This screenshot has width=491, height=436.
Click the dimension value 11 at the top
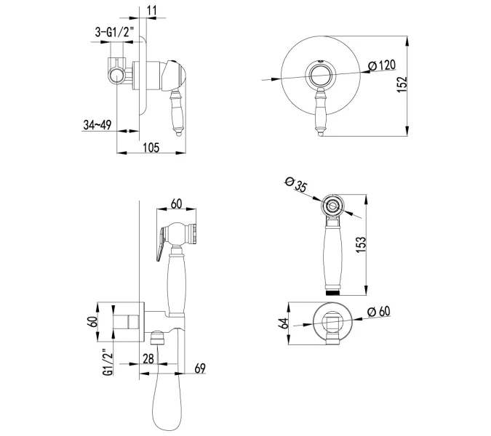[151, 10]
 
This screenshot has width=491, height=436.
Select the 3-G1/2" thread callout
[115, 32]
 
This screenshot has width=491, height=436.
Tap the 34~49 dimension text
[97, 125]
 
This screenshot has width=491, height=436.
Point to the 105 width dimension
[151, 148]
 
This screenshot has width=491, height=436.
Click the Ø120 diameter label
[382, 65]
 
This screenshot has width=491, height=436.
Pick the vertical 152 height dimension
[402, 84]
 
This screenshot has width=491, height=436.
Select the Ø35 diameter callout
[296, 184]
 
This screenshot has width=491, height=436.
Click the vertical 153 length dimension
[361, 245]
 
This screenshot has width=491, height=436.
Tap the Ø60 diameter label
[379, 312]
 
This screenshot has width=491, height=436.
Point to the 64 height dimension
[284, 323]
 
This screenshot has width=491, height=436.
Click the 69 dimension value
[200, 368]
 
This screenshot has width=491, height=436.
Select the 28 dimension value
[148, 359]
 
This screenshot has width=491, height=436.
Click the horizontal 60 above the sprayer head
[176, 203]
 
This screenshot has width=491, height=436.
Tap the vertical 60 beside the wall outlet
[92, 322]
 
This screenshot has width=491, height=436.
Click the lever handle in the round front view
[320, 112]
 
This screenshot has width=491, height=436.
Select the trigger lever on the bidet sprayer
[161, 244]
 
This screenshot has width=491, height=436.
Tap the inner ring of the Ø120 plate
[320, 76]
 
